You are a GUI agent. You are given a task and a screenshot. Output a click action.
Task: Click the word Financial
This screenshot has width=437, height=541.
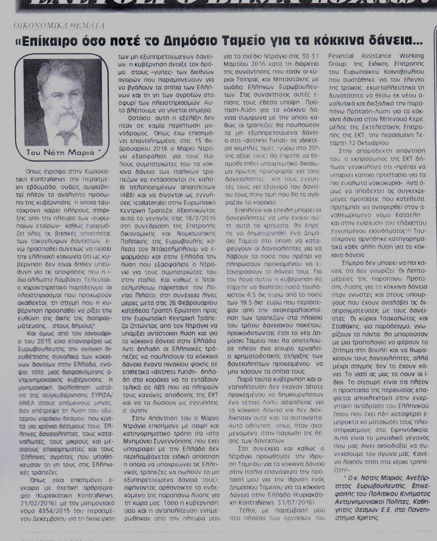pos(345,56)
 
